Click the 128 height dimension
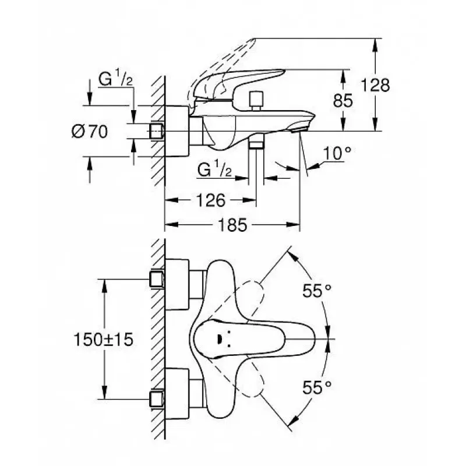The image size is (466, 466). (375, 85)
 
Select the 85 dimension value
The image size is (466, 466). (343, 100)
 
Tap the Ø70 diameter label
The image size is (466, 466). (90, 132)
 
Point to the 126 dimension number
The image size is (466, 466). (211, 200)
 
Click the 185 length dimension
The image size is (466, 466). (232, 225)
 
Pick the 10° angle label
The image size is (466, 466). (337, 153)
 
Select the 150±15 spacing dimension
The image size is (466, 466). (104, 340)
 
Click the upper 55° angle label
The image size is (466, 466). (317, 291)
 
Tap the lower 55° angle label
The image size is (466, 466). (317, 387)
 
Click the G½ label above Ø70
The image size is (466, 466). (115, 78)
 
